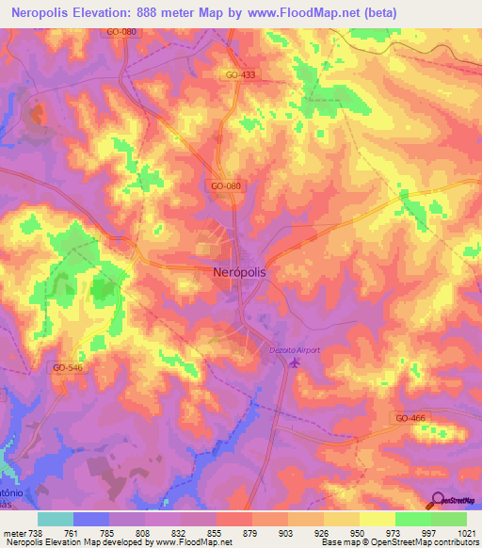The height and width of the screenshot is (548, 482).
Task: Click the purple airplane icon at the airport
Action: (x=295, y=363)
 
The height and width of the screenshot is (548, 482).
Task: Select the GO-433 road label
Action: (x=241, y=74)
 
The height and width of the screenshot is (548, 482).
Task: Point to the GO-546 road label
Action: (x=68, y=368)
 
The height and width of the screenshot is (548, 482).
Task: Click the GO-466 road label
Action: (x=410, y=417)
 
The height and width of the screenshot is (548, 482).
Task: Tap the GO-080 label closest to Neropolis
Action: (x=226, y=186)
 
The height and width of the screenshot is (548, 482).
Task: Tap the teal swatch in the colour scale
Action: (x=56, y=518)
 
